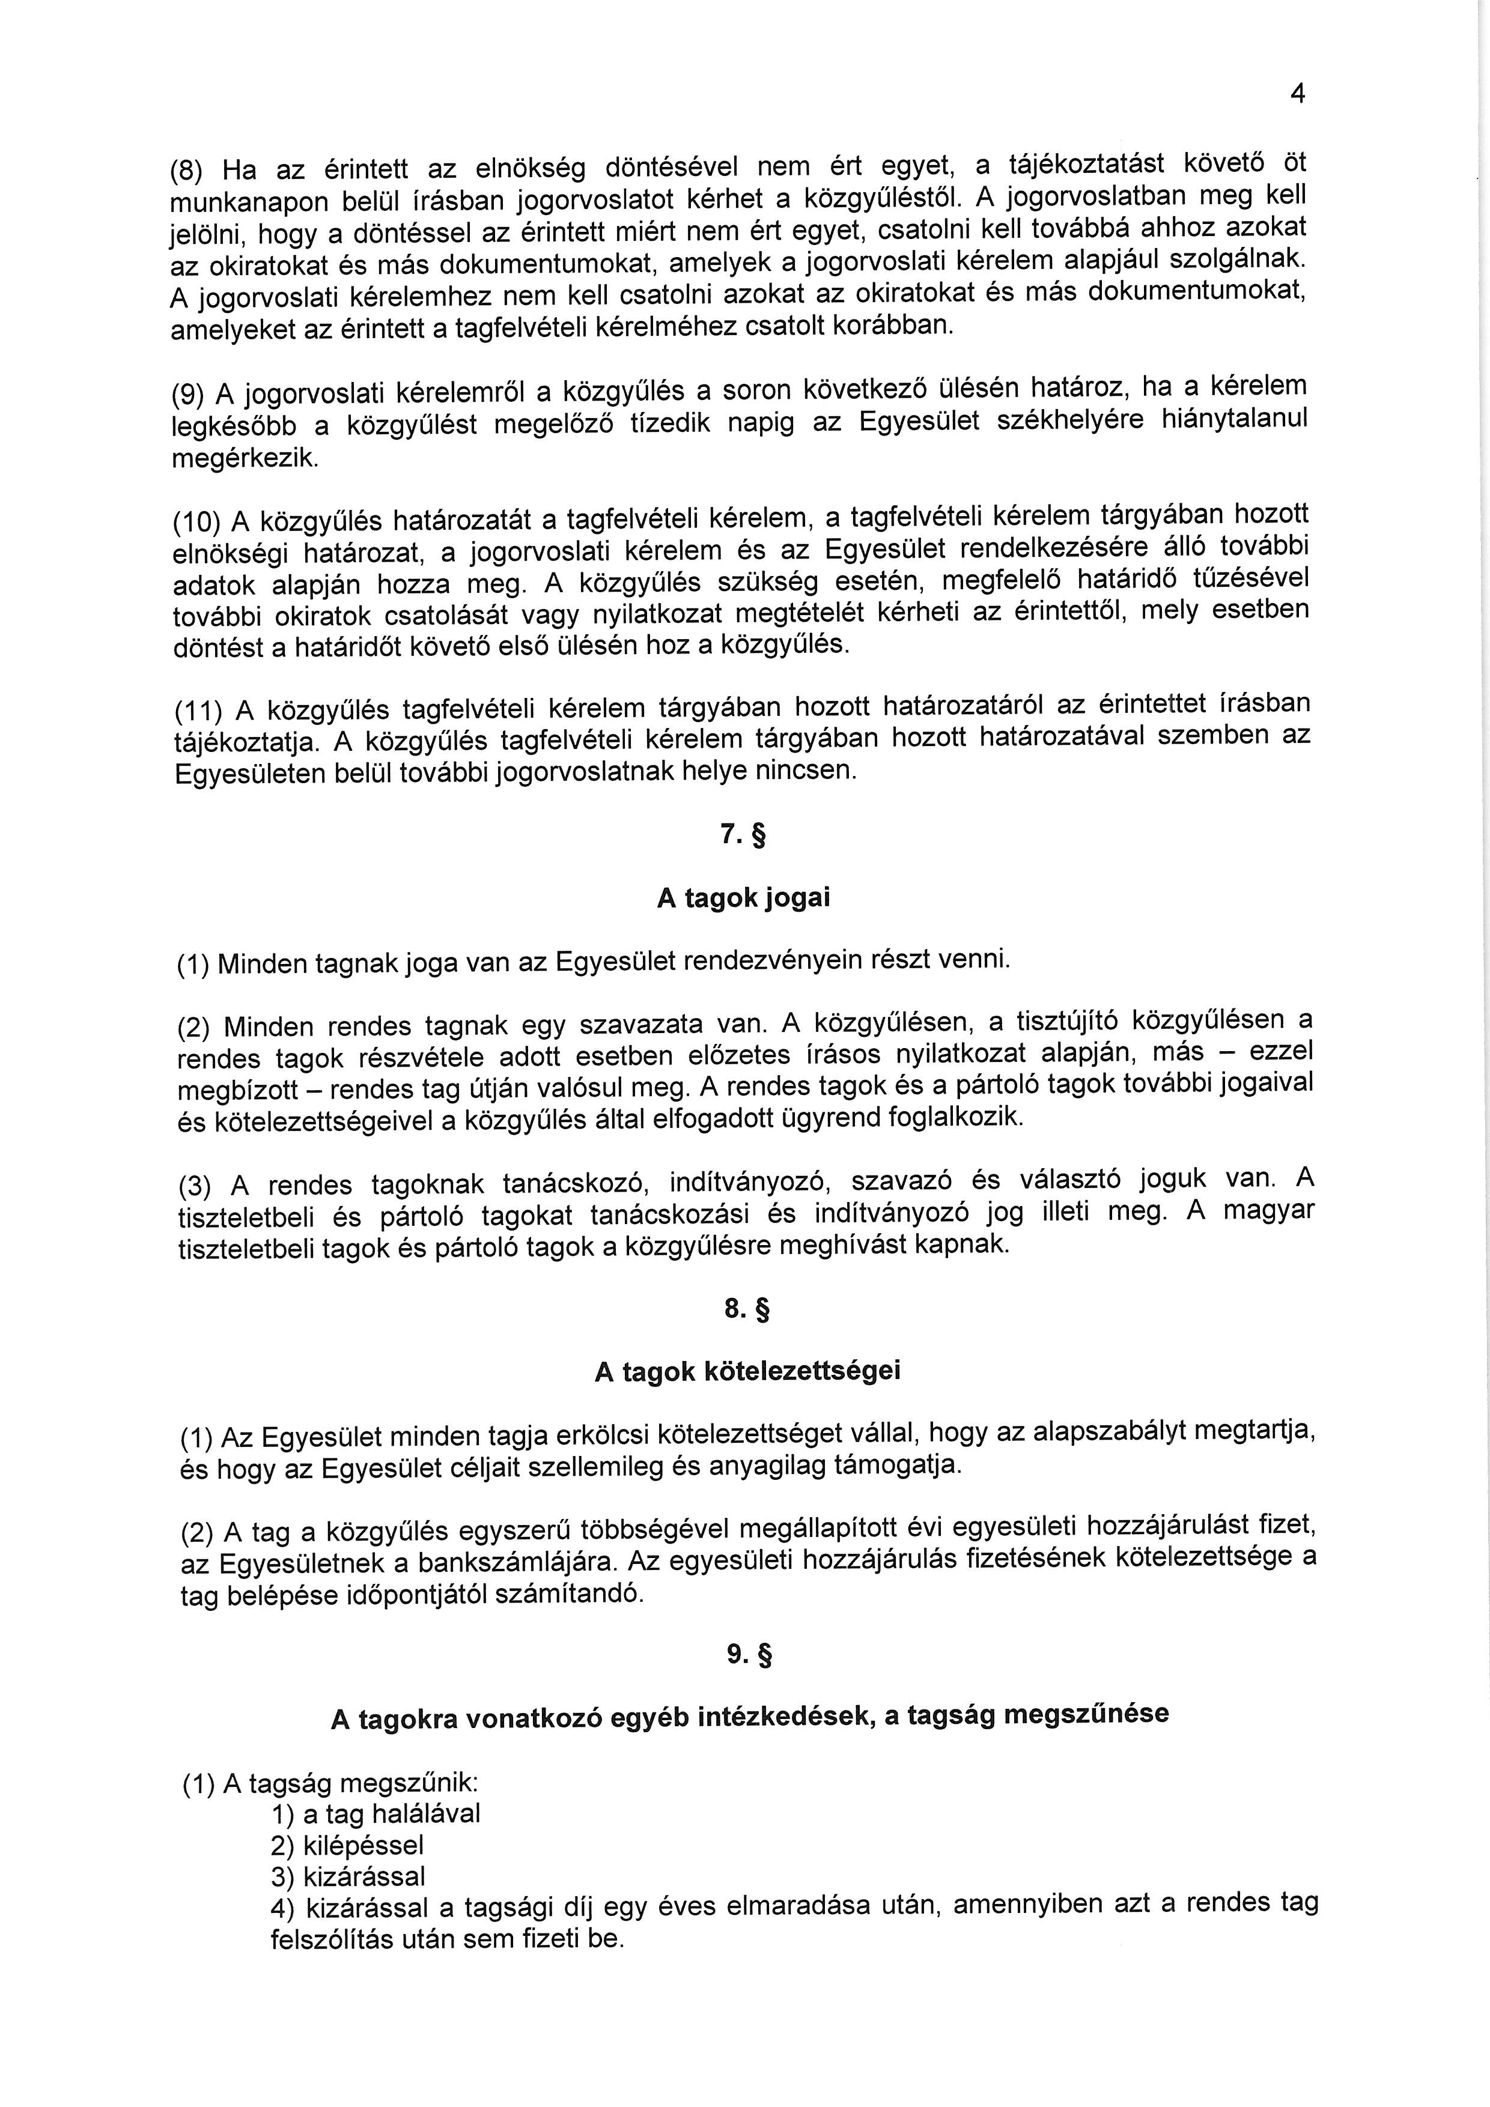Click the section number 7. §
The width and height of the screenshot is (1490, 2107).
click(744, 836)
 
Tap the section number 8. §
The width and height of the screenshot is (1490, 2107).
click(746, 1309)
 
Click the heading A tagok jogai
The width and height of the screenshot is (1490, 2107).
click(744, 897)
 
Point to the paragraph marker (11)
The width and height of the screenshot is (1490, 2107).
click(199, 711)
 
